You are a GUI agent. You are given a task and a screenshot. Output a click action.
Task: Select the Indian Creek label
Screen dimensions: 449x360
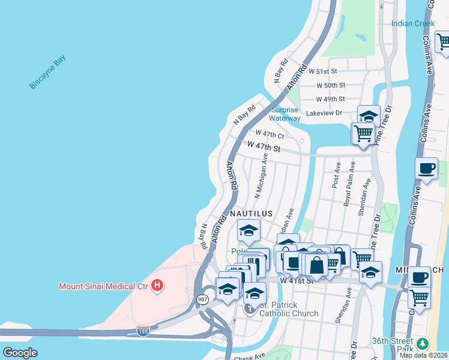click(x=412, y=24)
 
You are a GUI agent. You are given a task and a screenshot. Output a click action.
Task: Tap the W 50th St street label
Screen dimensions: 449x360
click(x=331, y=85)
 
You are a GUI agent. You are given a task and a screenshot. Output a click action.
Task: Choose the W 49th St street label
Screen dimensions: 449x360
click(x=330, y=99)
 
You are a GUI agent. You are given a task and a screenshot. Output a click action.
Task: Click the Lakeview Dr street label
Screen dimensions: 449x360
click(x=323, y=113)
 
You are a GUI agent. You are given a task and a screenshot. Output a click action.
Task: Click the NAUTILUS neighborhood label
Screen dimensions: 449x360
click(x=251, y=214)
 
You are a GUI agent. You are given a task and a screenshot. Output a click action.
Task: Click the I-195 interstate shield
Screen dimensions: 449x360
click(x=142, y=331)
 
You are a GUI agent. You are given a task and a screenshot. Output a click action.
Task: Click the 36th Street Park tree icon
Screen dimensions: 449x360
click(x=424, y=343)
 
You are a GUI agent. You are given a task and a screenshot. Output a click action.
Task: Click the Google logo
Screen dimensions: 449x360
click(x=20, y=353)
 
